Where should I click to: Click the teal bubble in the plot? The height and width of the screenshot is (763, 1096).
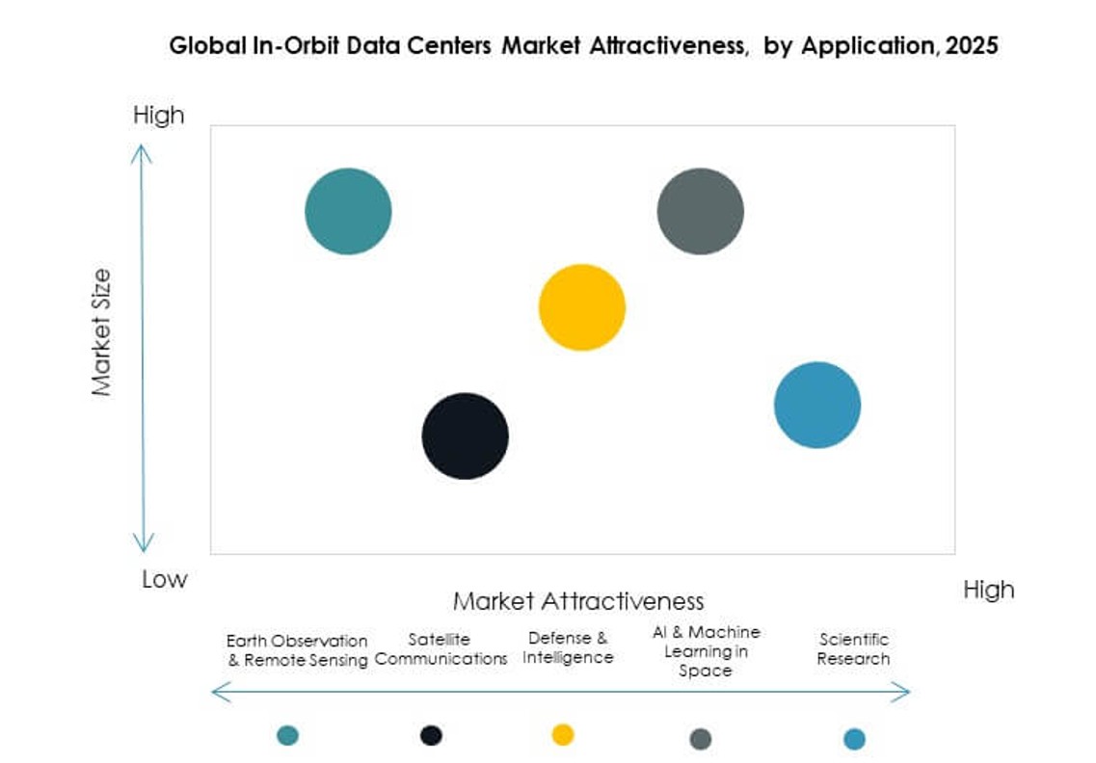point(348,211)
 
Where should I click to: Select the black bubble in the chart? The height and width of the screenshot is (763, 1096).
point(465,435)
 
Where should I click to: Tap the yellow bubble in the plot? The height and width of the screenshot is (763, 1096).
point(581,307)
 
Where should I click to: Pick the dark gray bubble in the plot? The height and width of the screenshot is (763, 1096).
point(700,211)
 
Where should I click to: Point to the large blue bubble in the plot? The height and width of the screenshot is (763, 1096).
point(817,405)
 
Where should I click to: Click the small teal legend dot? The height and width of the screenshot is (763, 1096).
point(287,735)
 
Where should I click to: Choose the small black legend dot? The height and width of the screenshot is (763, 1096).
point(431,735)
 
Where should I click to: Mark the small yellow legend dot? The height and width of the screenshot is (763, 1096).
point(563,735)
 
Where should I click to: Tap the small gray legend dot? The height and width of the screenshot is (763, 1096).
point(701,739)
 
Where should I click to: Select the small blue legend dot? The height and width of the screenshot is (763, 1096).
point(854,739)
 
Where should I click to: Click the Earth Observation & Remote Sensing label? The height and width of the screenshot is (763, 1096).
point(297,650)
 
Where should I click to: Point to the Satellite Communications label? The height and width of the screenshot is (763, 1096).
point(441,649)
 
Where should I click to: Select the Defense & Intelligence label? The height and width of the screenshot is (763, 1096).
point(569,647)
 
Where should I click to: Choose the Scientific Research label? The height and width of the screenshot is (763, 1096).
point(853,648)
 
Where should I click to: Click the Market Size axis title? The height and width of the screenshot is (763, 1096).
point(101,332)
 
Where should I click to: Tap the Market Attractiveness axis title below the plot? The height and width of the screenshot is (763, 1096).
point(578,601)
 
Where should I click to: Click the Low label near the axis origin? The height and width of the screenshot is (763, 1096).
point(164,579)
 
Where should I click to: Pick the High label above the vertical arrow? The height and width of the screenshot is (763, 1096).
point(158,116)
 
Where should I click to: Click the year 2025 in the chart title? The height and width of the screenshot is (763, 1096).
point(971,45)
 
